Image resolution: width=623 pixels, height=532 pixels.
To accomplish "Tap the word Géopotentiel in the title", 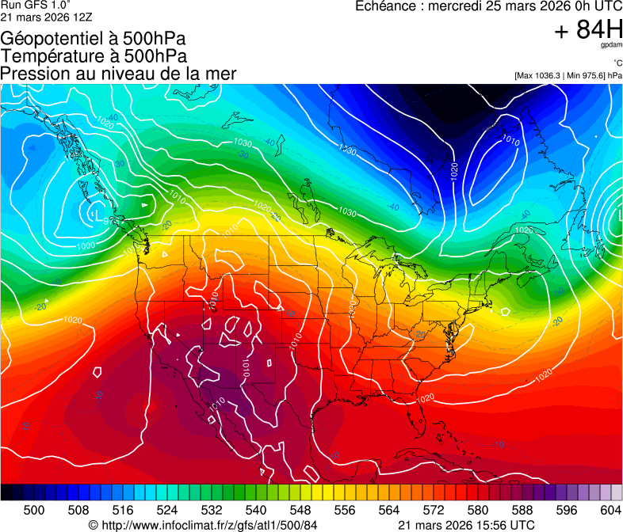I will click(48, 39).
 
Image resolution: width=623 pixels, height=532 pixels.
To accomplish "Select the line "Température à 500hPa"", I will click(94, 56).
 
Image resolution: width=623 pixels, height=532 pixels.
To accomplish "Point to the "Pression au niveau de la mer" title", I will click(118, 74).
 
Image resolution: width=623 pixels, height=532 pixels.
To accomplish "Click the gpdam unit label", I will click(612, 46).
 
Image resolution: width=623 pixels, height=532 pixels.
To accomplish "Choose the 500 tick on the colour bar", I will click(34, 510).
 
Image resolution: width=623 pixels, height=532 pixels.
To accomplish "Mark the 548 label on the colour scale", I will click(300, 510).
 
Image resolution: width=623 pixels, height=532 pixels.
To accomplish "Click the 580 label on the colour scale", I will click(478, 510).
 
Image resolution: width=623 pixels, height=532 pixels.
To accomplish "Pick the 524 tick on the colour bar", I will click(167, 510).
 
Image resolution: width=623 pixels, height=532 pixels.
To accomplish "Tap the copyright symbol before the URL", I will click(93, 525).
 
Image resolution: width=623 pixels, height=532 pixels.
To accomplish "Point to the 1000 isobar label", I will click(86, 245).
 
